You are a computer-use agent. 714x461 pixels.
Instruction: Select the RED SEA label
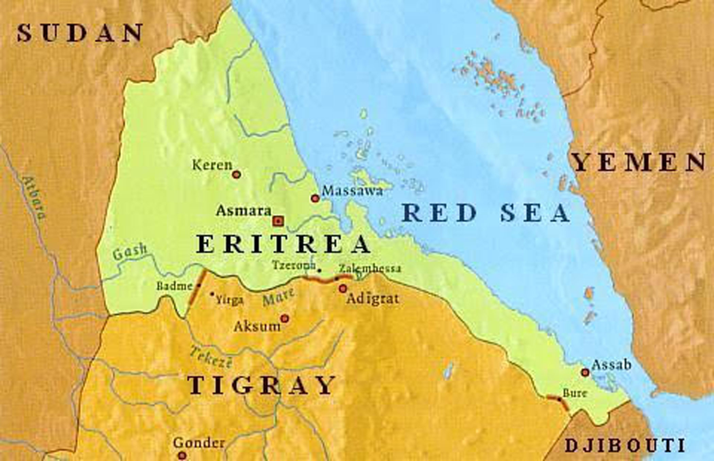(x=486, y=213)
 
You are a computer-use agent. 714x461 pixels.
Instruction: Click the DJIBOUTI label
(x=624, y=445)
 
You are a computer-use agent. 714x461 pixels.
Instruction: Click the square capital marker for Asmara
(x=278, y=221)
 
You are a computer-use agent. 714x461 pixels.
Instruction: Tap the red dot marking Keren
(x=237, y=174)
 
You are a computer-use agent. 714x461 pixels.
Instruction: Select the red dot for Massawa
(x=315, y=198)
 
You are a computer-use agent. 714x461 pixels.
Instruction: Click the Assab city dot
(x=585, y=372)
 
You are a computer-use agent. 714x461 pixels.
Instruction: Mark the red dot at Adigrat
(x=342, y=289)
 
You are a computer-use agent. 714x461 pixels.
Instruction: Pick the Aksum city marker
(x=285, y=318)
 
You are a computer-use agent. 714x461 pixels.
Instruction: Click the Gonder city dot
(x=182, y=455)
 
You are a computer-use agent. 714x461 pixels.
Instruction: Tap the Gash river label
(x=130, y=252)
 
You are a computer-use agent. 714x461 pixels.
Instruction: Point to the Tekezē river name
(x=211, y=357)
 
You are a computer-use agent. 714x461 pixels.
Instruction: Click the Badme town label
(x=174, y=286)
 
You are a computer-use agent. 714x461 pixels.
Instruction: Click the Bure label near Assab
(x=575, y=393)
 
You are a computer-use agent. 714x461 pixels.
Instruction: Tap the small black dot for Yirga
(x=212, y=294)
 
